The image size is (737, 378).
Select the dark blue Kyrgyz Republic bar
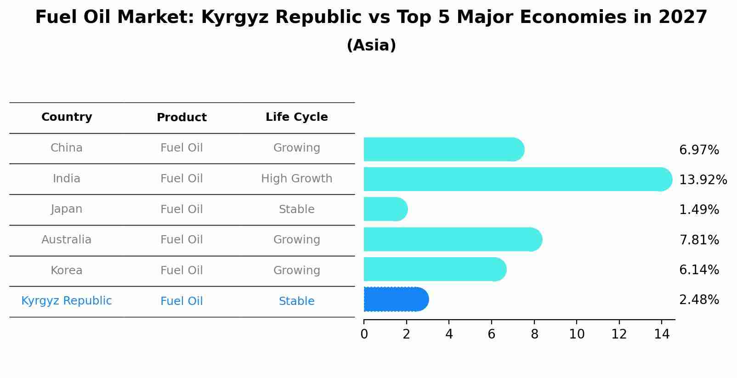click(x=395, y=299)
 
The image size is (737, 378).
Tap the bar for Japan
click(x=385, y=209)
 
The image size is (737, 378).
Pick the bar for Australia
click(x=452, y=240)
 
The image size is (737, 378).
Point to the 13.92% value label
click(x=703, y=180)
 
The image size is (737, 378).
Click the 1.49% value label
click(x=698, y=210)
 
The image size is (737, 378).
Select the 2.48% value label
click(x=698, y=300)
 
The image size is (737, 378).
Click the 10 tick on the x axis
click(x=577, y=334)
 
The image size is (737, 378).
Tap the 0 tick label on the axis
click(x=364, y=334)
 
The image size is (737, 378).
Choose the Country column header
click(x=67, y=117)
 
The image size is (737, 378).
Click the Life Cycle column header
click(x=296, y=117)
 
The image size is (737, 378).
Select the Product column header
click(x=181, y=118)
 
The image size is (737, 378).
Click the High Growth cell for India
click(x=296, y=179)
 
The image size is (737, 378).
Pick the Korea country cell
click(x=67, y=271)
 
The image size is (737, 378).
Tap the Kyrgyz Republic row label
click(x=67, y=301)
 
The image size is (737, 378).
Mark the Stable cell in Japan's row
click(x=296, y=209)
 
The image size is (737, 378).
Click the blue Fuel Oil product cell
click(x=181, y=301)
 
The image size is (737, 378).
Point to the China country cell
click(x=67, y=148)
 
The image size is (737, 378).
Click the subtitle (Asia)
click(x=371, y=45)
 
